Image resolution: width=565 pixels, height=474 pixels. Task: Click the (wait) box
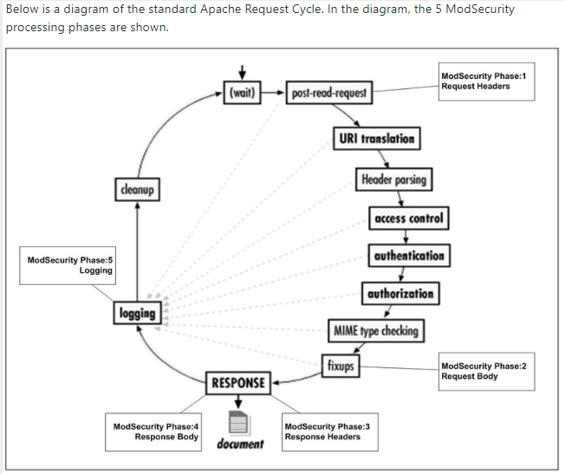click(x=242, y=93)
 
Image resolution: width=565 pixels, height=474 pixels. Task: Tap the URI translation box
click(x=375, y=139)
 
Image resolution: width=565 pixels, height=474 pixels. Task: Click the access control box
click(x=409, y=218)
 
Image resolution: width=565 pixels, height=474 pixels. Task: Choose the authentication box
click(x=409, y=256)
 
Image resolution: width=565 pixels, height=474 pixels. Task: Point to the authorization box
click(x=399, y=294)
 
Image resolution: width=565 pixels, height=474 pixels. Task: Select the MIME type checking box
click(x=375, y=330)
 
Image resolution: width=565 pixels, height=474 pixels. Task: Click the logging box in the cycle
click(x=136, y=313)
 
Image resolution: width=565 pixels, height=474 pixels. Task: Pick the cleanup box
click(x=137, y=187)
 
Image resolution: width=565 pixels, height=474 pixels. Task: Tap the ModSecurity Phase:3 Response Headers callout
click(x=328, y=431)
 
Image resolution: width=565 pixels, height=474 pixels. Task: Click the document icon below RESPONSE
click(x=239, y=422)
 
